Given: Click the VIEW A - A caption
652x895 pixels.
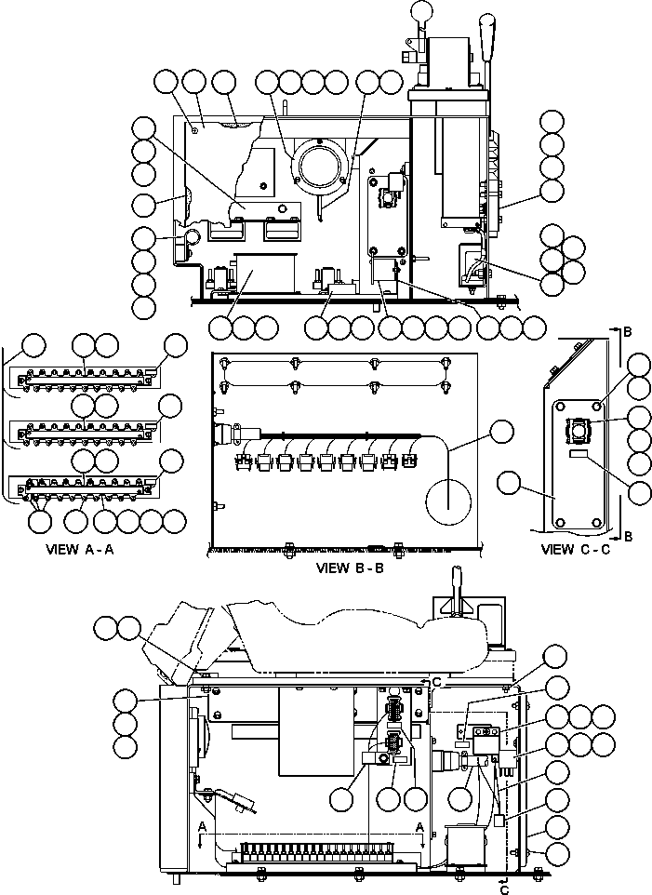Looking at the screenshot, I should (x=79, y=550).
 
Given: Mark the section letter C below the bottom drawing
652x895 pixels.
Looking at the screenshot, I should (x=504, y=888).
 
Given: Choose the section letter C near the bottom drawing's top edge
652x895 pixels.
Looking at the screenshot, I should (x=436, y=682).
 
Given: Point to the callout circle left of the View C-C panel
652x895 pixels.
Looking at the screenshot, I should (x=509, y=482).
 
